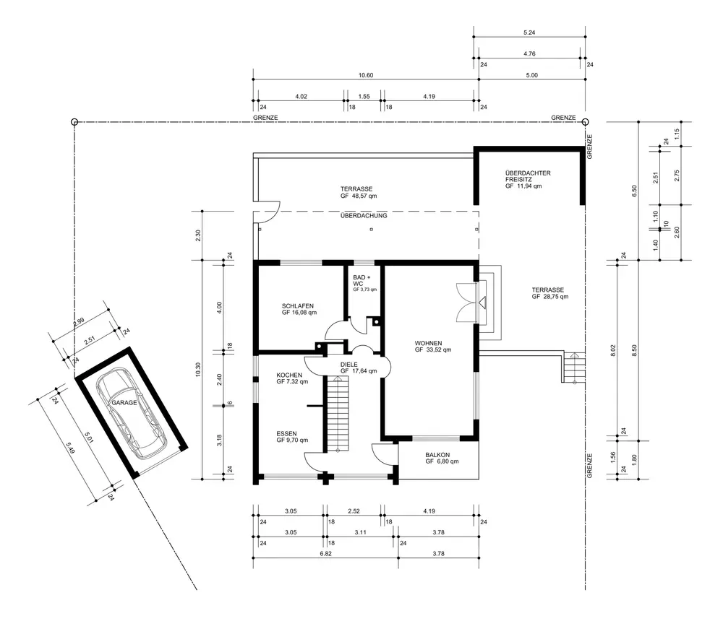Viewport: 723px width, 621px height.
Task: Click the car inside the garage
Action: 131,412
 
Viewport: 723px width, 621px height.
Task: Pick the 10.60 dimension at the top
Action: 366,75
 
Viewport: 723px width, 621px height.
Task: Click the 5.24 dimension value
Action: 529,32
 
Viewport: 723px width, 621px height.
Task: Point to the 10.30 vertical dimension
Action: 198,370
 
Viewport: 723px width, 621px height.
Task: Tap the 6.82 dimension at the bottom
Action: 325,553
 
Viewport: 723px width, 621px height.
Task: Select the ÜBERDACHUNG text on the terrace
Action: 364,216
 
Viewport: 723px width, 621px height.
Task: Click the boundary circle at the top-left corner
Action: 74,122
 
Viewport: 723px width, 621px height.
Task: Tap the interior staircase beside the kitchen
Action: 338,414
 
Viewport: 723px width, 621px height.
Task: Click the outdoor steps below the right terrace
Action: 574,368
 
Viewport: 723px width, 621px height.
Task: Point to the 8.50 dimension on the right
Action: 635,350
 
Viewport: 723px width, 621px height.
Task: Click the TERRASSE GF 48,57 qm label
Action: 359,192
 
